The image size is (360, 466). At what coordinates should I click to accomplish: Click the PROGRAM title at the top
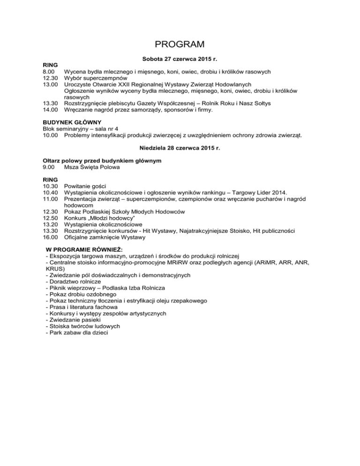point(180,45)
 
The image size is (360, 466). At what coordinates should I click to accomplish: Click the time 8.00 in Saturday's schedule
point(49,72)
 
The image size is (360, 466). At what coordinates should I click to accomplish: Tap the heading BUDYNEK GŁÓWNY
point(68,123)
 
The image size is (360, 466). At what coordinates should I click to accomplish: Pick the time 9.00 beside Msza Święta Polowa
point(49,167)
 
